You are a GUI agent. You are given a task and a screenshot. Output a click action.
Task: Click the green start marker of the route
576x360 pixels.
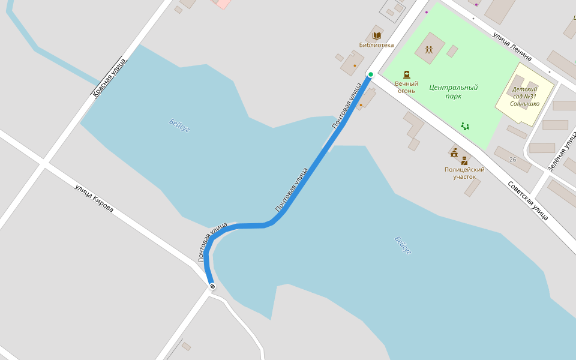371,74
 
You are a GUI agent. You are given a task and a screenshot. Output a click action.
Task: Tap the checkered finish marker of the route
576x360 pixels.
212,287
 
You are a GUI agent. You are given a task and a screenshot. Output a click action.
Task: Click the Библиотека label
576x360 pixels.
376,45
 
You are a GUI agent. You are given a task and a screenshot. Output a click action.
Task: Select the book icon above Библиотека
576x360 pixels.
376,36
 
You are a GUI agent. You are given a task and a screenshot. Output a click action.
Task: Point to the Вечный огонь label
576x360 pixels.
406,87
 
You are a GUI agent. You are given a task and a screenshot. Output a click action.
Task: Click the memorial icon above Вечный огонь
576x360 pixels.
407,74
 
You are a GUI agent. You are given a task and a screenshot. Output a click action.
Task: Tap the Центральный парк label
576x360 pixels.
454,91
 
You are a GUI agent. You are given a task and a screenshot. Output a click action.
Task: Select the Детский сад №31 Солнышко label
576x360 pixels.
524,96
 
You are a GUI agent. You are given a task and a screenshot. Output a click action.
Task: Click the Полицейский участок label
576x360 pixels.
464,173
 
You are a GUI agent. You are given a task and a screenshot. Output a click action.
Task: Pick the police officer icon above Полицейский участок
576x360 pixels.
464,161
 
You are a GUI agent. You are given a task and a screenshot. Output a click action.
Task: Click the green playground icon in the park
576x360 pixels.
465,126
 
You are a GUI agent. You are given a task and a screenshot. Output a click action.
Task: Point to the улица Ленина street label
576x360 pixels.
512,47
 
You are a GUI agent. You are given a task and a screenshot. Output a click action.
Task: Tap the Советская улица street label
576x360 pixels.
528,200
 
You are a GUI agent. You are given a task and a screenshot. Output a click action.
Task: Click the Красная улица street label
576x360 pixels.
109,77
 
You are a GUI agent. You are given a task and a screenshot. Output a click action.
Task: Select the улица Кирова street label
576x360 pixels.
94,198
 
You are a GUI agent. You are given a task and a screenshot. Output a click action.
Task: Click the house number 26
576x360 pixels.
512,160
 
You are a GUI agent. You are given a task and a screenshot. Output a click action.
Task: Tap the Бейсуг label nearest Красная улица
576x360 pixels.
179,125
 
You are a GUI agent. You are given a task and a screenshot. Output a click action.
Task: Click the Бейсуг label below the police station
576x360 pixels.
403,245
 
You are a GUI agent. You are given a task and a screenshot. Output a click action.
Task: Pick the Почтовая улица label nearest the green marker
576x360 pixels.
347,106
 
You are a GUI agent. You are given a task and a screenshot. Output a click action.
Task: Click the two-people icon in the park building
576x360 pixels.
429,50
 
